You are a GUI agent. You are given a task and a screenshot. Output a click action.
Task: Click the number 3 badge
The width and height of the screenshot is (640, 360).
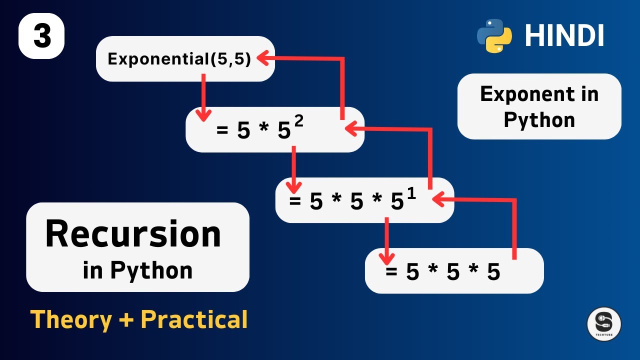41,36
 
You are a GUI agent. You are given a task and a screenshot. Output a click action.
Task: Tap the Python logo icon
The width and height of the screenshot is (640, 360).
494,35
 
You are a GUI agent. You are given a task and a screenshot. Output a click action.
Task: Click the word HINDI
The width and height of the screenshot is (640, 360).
564,36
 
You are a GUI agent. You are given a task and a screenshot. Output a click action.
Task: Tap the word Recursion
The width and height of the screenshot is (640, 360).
133,234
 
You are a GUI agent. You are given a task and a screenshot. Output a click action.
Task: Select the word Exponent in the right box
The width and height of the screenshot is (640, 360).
519,94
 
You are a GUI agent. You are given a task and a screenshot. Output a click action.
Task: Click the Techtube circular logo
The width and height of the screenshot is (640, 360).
604,324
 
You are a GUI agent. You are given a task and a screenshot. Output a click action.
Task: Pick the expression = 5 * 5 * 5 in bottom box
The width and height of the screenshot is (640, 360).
442,272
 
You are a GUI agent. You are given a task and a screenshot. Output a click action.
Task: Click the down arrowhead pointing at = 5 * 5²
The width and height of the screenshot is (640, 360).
202,116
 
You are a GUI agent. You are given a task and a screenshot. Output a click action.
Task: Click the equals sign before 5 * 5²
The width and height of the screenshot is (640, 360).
222,131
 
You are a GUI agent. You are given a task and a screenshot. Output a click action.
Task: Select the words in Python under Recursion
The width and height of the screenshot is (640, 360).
137,270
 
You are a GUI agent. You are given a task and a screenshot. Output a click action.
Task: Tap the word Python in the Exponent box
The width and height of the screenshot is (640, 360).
539,120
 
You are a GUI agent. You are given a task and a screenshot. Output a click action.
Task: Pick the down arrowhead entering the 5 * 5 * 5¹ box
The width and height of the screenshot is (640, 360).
293,188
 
